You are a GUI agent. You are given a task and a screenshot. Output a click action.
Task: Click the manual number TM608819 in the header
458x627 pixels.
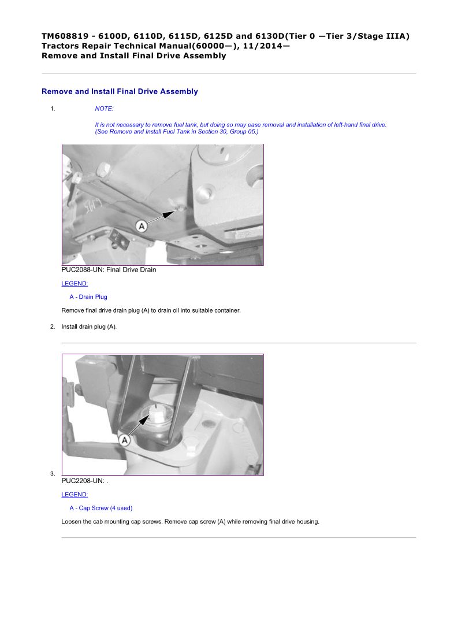(x=65, y=36)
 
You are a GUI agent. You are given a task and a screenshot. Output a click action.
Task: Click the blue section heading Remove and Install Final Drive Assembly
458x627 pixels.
(x=120, y=91)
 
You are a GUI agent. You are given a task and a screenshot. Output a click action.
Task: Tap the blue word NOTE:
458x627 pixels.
(x=105, y=109)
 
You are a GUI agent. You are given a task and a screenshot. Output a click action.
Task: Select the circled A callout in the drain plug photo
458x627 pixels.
(x=141, y=227)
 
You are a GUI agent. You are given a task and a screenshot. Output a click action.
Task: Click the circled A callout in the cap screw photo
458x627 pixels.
(x=125, y=440)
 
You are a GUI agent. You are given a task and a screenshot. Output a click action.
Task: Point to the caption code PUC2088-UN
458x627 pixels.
(x=83, y=270)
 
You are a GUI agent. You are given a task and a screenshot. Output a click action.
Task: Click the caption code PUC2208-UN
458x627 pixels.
(x=83, y=481)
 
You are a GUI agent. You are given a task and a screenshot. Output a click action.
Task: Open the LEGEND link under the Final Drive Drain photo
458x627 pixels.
(x=75, y=284)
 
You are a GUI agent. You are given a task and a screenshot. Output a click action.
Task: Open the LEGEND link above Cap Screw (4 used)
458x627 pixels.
(x=75, y=495)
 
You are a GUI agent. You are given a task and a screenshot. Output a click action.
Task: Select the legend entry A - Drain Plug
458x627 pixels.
(x=88, y=297)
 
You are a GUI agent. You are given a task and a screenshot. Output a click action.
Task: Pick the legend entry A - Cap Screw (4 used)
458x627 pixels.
(x=100, y=508)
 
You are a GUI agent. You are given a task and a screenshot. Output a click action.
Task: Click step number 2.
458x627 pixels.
(x=53, y=327)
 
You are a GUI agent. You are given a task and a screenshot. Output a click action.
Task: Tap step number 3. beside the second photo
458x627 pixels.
(x=53, y=474)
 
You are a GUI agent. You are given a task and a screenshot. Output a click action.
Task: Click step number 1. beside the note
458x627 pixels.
(x=53, y=109)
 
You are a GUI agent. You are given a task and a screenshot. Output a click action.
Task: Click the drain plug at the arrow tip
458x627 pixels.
(x=180, y=209)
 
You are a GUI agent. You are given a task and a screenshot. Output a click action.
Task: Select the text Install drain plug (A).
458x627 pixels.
(x=89, y=327)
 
